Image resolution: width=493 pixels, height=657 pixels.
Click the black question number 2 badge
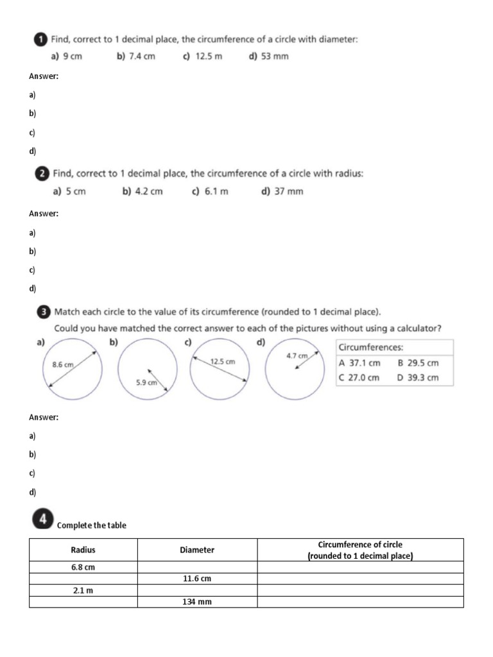point(41,173)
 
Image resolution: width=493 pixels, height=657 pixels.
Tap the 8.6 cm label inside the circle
point(63,364)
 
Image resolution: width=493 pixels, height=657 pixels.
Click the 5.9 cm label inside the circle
point(147,382)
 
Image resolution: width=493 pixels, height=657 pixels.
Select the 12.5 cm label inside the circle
point(223,361)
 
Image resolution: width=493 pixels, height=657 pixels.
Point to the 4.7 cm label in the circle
point(297,355)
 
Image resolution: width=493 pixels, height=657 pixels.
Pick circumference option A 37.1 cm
point(359,363)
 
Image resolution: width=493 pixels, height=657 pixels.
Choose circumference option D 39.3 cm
point(419,377)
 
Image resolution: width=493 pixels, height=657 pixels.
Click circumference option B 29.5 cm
point(419,363)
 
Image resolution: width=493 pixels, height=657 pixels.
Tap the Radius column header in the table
point(83,550)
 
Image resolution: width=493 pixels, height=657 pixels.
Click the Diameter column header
point(197,550)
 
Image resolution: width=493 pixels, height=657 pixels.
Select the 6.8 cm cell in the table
point(83,567)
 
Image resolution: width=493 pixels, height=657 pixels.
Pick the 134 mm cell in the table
point(197,602)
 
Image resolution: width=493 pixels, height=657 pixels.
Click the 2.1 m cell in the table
point(83,590)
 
